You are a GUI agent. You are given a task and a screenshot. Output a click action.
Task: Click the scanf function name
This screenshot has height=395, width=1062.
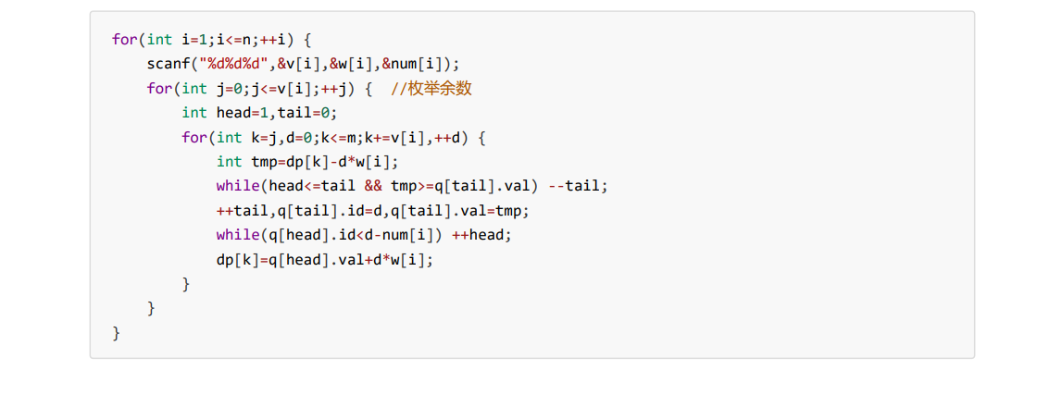pyautogui.click(x=164, y=64)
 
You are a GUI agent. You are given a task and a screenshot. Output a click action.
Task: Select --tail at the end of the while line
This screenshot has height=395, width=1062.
pyautogui.click(x=578, y=185)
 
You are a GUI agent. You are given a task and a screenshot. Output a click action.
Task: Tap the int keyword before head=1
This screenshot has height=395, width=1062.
pyautogui.click(x=194, y=113)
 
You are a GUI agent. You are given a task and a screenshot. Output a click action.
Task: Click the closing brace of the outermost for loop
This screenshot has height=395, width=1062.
pyautogui.click(x=116, y=331)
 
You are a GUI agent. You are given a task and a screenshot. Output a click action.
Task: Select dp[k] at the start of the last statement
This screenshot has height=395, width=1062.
pyautogui.click(x=234, y=259)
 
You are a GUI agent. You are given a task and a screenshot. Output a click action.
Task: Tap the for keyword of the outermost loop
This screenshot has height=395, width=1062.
pyautogui.click(x=124, y=40)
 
